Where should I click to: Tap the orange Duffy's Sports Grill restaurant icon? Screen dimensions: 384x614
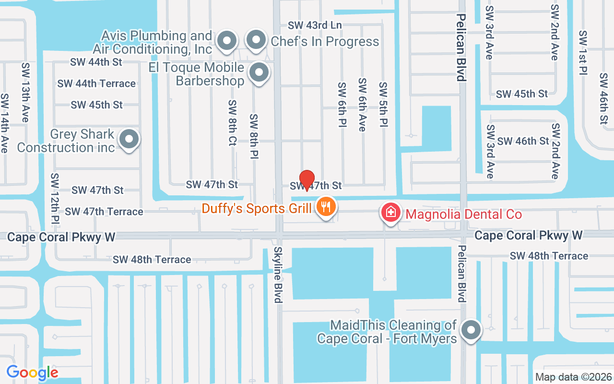pos(327,207)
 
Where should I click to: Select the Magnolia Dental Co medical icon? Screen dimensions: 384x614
pos(391,212)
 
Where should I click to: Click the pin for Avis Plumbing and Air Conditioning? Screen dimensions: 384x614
pos(227,41)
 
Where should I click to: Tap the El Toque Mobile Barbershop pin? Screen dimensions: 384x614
pos(260,73)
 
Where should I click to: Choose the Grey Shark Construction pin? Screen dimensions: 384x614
pos(129,140)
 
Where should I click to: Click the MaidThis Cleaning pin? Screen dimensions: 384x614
pos(471,330)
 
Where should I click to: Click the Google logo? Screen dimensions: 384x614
pos(33,372)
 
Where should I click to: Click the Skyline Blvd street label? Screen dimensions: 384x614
pos(278,275)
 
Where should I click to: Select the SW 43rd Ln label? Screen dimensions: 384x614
pos(315,25)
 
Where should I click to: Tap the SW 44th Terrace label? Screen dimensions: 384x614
pos(96,84)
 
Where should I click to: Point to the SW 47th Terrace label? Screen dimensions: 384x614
pos(104,211)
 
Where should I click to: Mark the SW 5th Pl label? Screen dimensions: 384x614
pos(383,104)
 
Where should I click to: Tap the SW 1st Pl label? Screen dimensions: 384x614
pos(583,53)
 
